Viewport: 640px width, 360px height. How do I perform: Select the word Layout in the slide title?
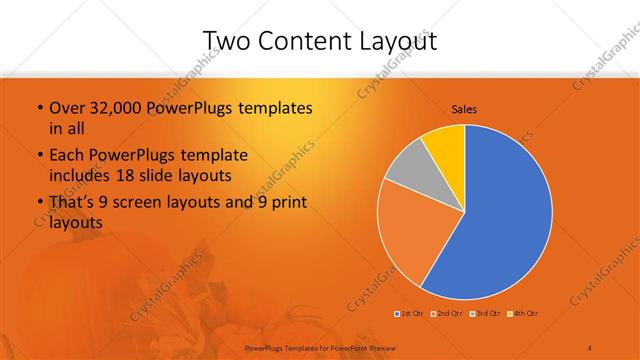pos(395,40)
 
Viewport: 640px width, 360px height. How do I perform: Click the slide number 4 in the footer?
pos(590,347)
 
